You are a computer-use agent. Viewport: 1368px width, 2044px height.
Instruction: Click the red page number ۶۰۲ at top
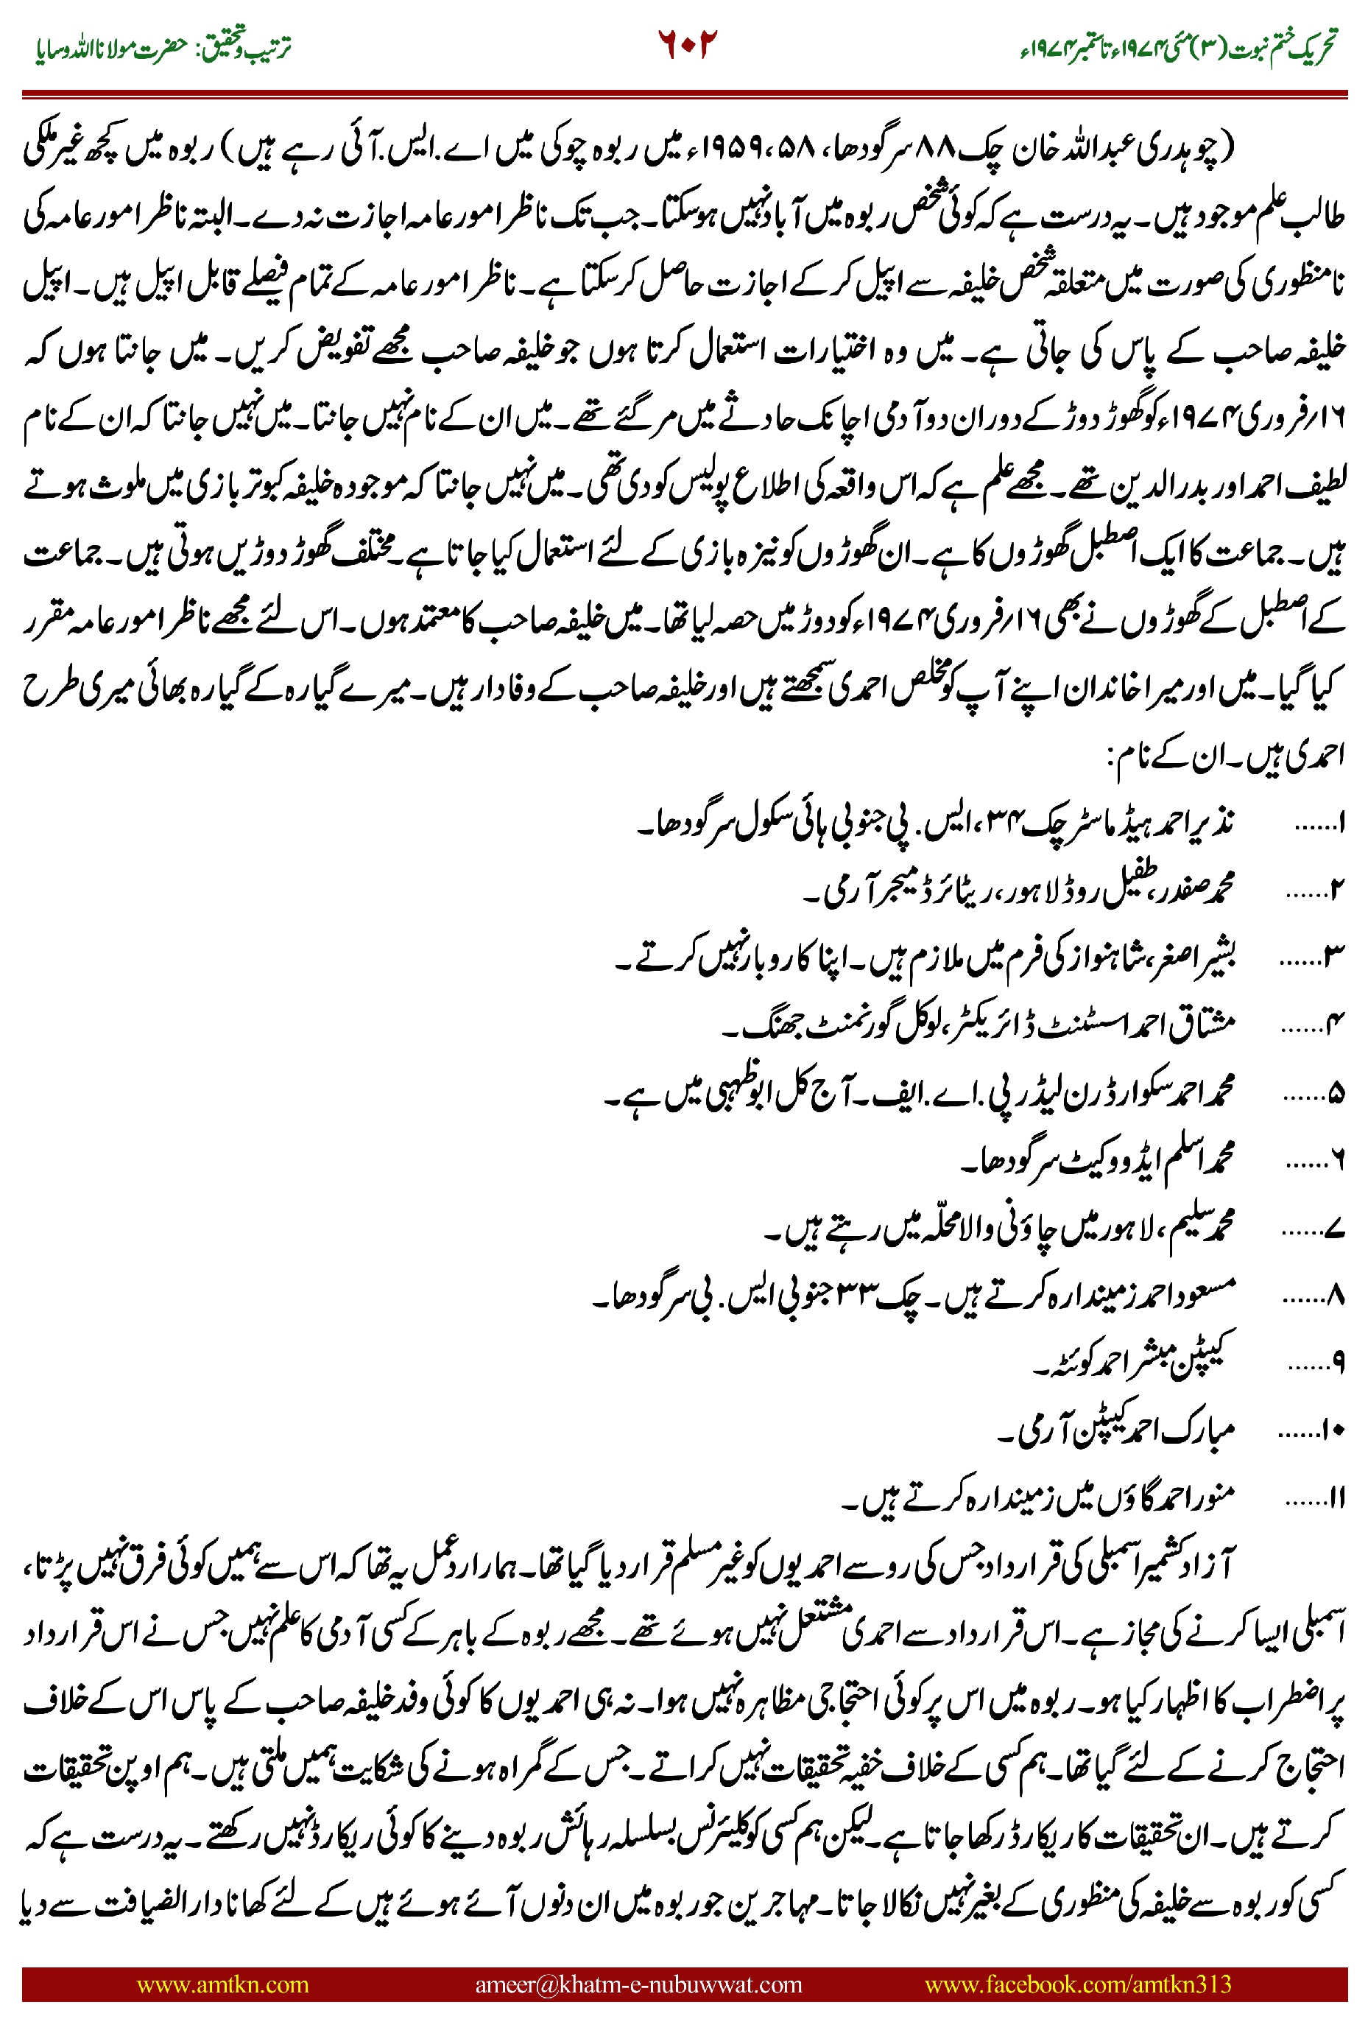point(687,43)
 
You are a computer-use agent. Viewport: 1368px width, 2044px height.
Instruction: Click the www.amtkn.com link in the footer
point(222,1984)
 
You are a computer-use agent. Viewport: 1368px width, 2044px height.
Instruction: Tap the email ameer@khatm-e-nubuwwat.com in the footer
point(638,1984)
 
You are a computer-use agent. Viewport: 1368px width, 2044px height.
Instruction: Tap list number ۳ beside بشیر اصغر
point(1335,958)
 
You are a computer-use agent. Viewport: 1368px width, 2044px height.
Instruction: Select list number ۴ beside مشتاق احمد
point(1336,1025)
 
